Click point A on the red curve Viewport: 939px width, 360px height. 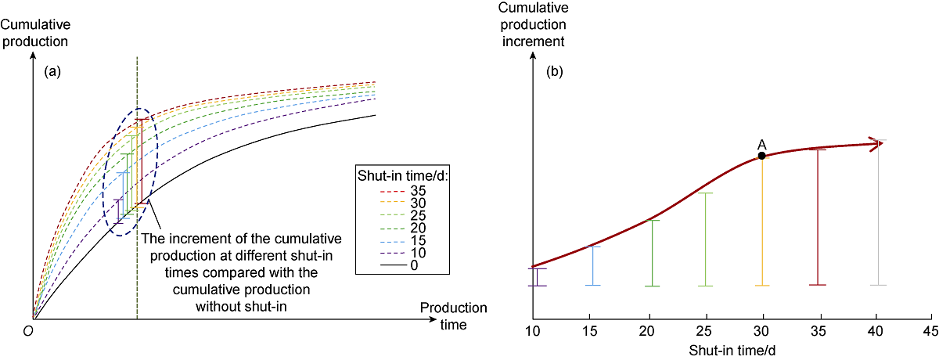point(761,156)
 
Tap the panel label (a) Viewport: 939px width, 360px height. point(52,71)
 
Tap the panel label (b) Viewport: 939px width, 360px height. point(554,71)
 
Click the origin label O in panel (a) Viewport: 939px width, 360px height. point(27,332)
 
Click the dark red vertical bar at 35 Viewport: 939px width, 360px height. point(818,216)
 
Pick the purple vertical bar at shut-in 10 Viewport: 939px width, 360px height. point(536,277)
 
